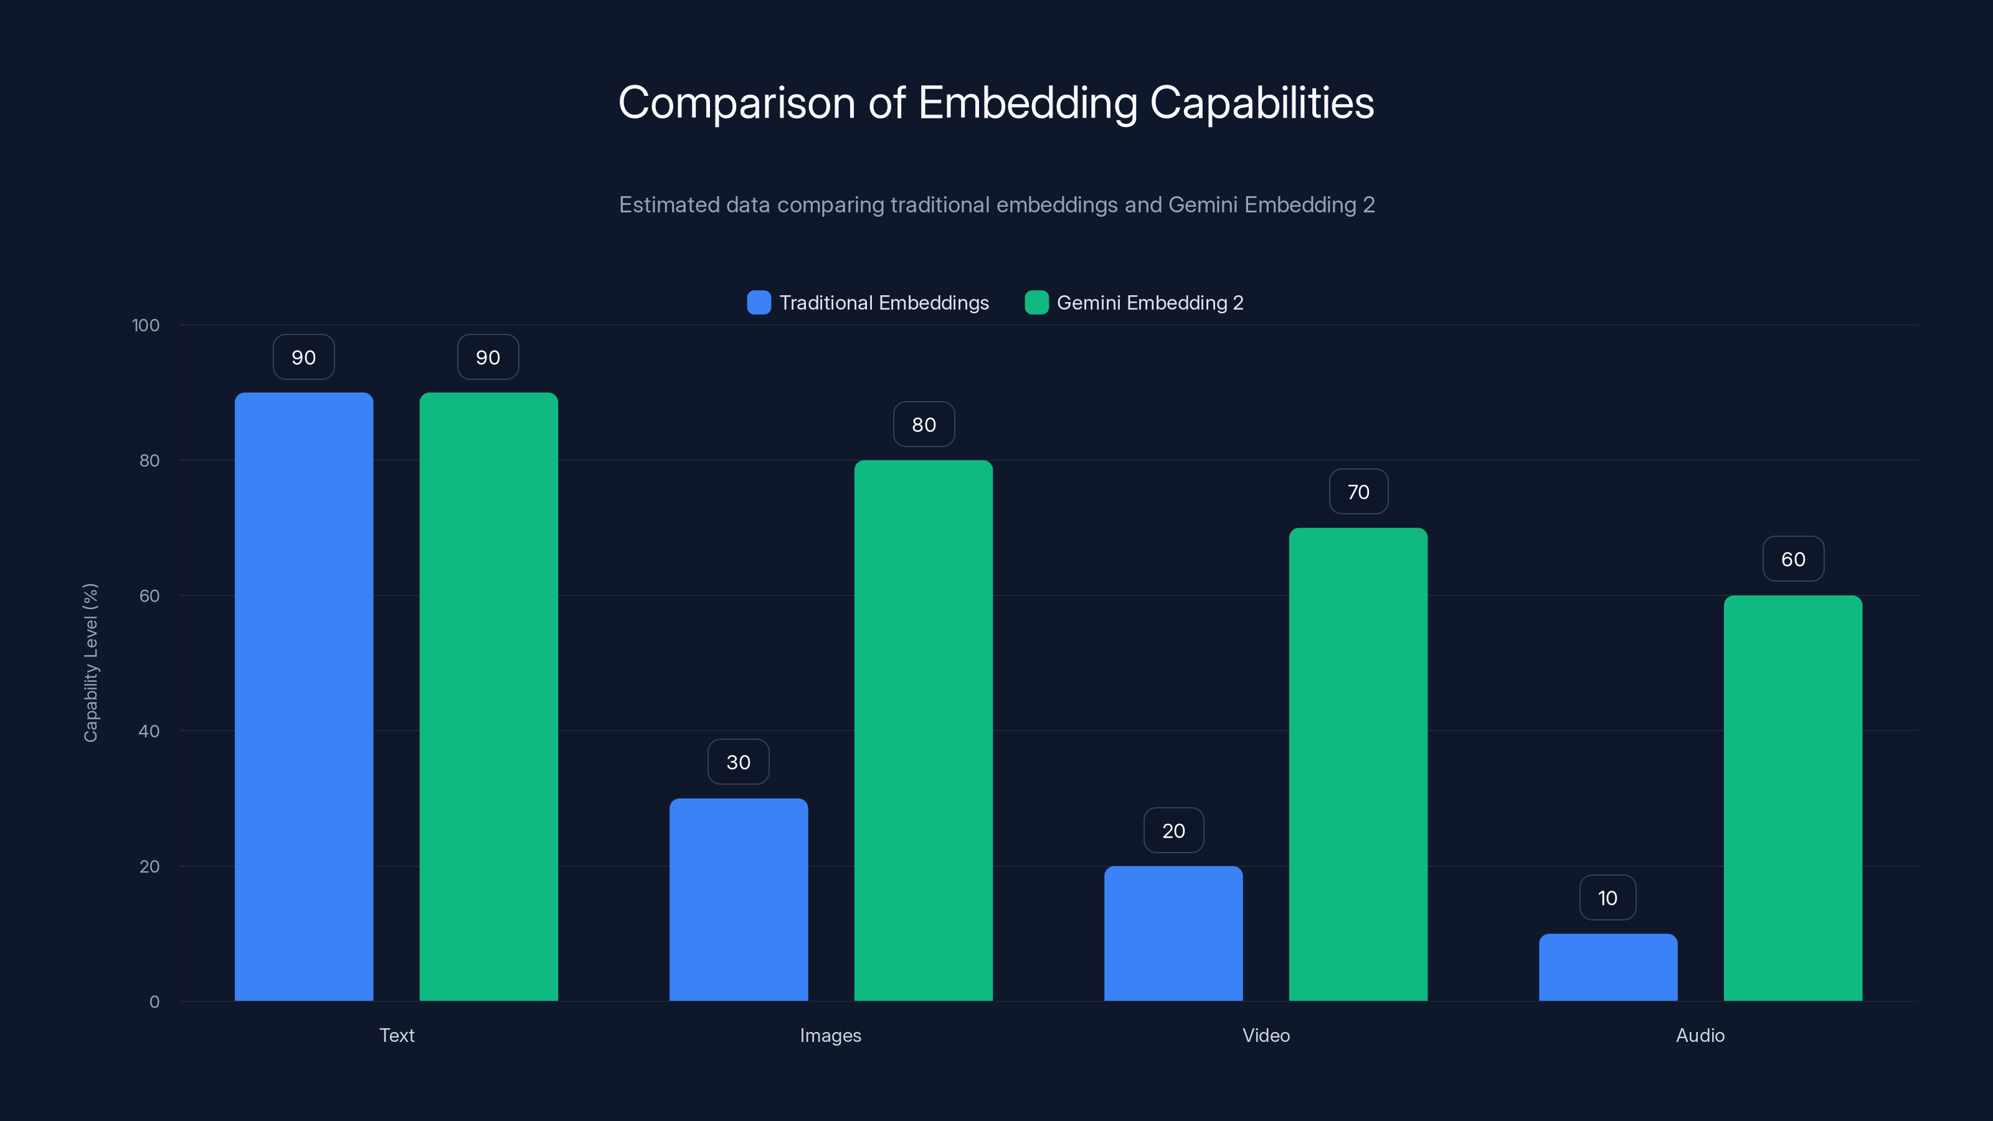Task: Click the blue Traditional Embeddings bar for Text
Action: click(303, 696)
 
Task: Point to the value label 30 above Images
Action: click(738, 762)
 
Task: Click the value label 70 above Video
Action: click(1358, 492)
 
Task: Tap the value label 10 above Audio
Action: click(1607, 898)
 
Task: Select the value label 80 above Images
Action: click(923, 425)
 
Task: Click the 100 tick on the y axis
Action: click(146, 326)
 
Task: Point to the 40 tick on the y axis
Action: click(149, 731)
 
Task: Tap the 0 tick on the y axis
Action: click(154, 1002)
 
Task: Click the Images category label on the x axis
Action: click(830, 1035)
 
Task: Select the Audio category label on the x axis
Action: click(1700, 1035)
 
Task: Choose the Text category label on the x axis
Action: click(396, 1035)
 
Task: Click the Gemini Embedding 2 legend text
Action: click(1150, 303)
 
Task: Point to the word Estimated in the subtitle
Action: click(670, 205)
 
